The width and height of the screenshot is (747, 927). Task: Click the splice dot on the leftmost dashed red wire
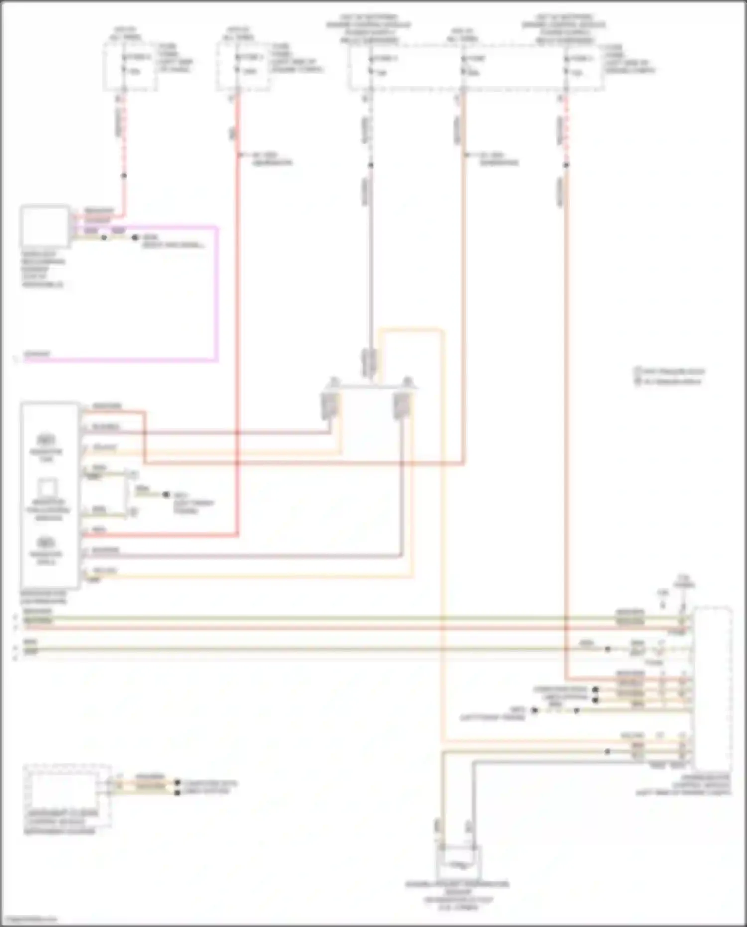click(124, 176)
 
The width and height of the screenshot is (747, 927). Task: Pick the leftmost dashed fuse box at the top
click(130, 66)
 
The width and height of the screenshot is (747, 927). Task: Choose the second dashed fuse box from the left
click(244, 66)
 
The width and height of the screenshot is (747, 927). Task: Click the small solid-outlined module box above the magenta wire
click(45, 226)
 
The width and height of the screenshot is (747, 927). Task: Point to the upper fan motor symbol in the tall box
click(46, 440)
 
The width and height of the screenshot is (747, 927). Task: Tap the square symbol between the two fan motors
click(48, 488)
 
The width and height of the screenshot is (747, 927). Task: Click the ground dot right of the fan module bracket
click(166, 495)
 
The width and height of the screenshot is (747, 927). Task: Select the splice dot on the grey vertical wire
click(371, 165)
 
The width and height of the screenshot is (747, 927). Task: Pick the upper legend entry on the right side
click(670, 372)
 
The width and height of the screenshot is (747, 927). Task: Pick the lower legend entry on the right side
click(670, 382)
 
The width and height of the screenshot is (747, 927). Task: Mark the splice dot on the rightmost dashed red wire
click(566, 165)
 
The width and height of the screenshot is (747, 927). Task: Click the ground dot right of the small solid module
click(135, 238)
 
